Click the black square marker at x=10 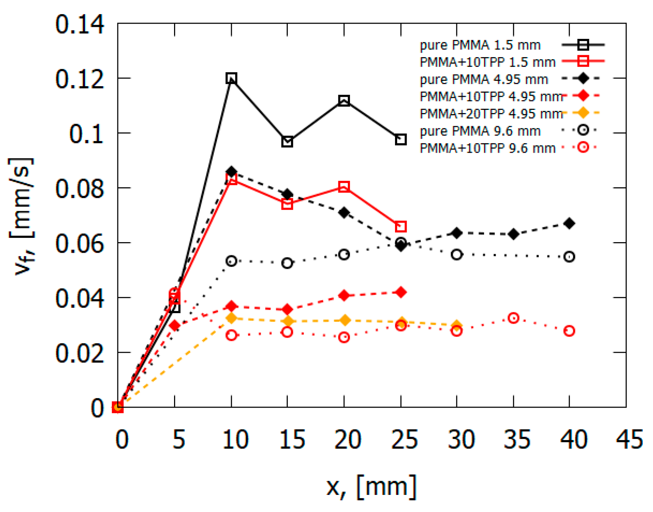click(231, 78)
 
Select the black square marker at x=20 click(344, 101)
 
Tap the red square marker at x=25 click(400, 227)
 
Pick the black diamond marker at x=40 click(569, 223)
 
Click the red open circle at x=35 click(513, 318)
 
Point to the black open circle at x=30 click(457, 255)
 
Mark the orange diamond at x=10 click(231, 319)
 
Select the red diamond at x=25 click(400, 292)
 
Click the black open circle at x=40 click(569, 257)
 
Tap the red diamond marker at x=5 click(175, 325)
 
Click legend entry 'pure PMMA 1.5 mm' click(480, 45)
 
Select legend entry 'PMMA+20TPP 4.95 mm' click(491, 114)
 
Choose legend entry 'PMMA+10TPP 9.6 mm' click(487, 148)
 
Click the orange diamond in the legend click(583, 113)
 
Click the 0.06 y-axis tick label click(80, 244)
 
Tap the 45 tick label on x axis click(629, 439)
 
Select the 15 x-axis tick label click(292, 439)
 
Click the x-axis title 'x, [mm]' click(371, 487)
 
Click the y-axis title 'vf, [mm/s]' click(22, 216)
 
